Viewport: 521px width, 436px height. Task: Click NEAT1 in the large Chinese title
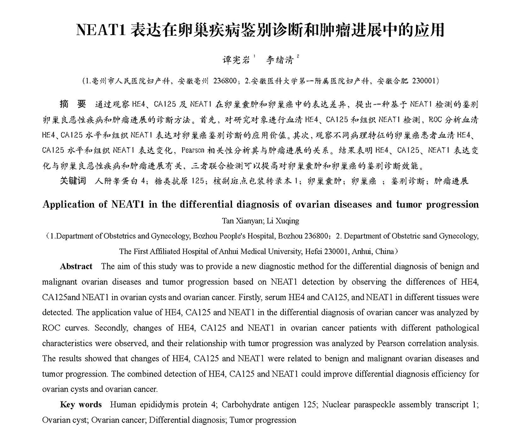tap(100, 30)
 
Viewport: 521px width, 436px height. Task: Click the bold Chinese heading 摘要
tap(73, 103)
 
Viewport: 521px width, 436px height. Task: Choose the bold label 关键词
tap(72, 181)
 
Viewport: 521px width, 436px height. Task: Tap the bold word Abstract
tap(76, 266)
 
